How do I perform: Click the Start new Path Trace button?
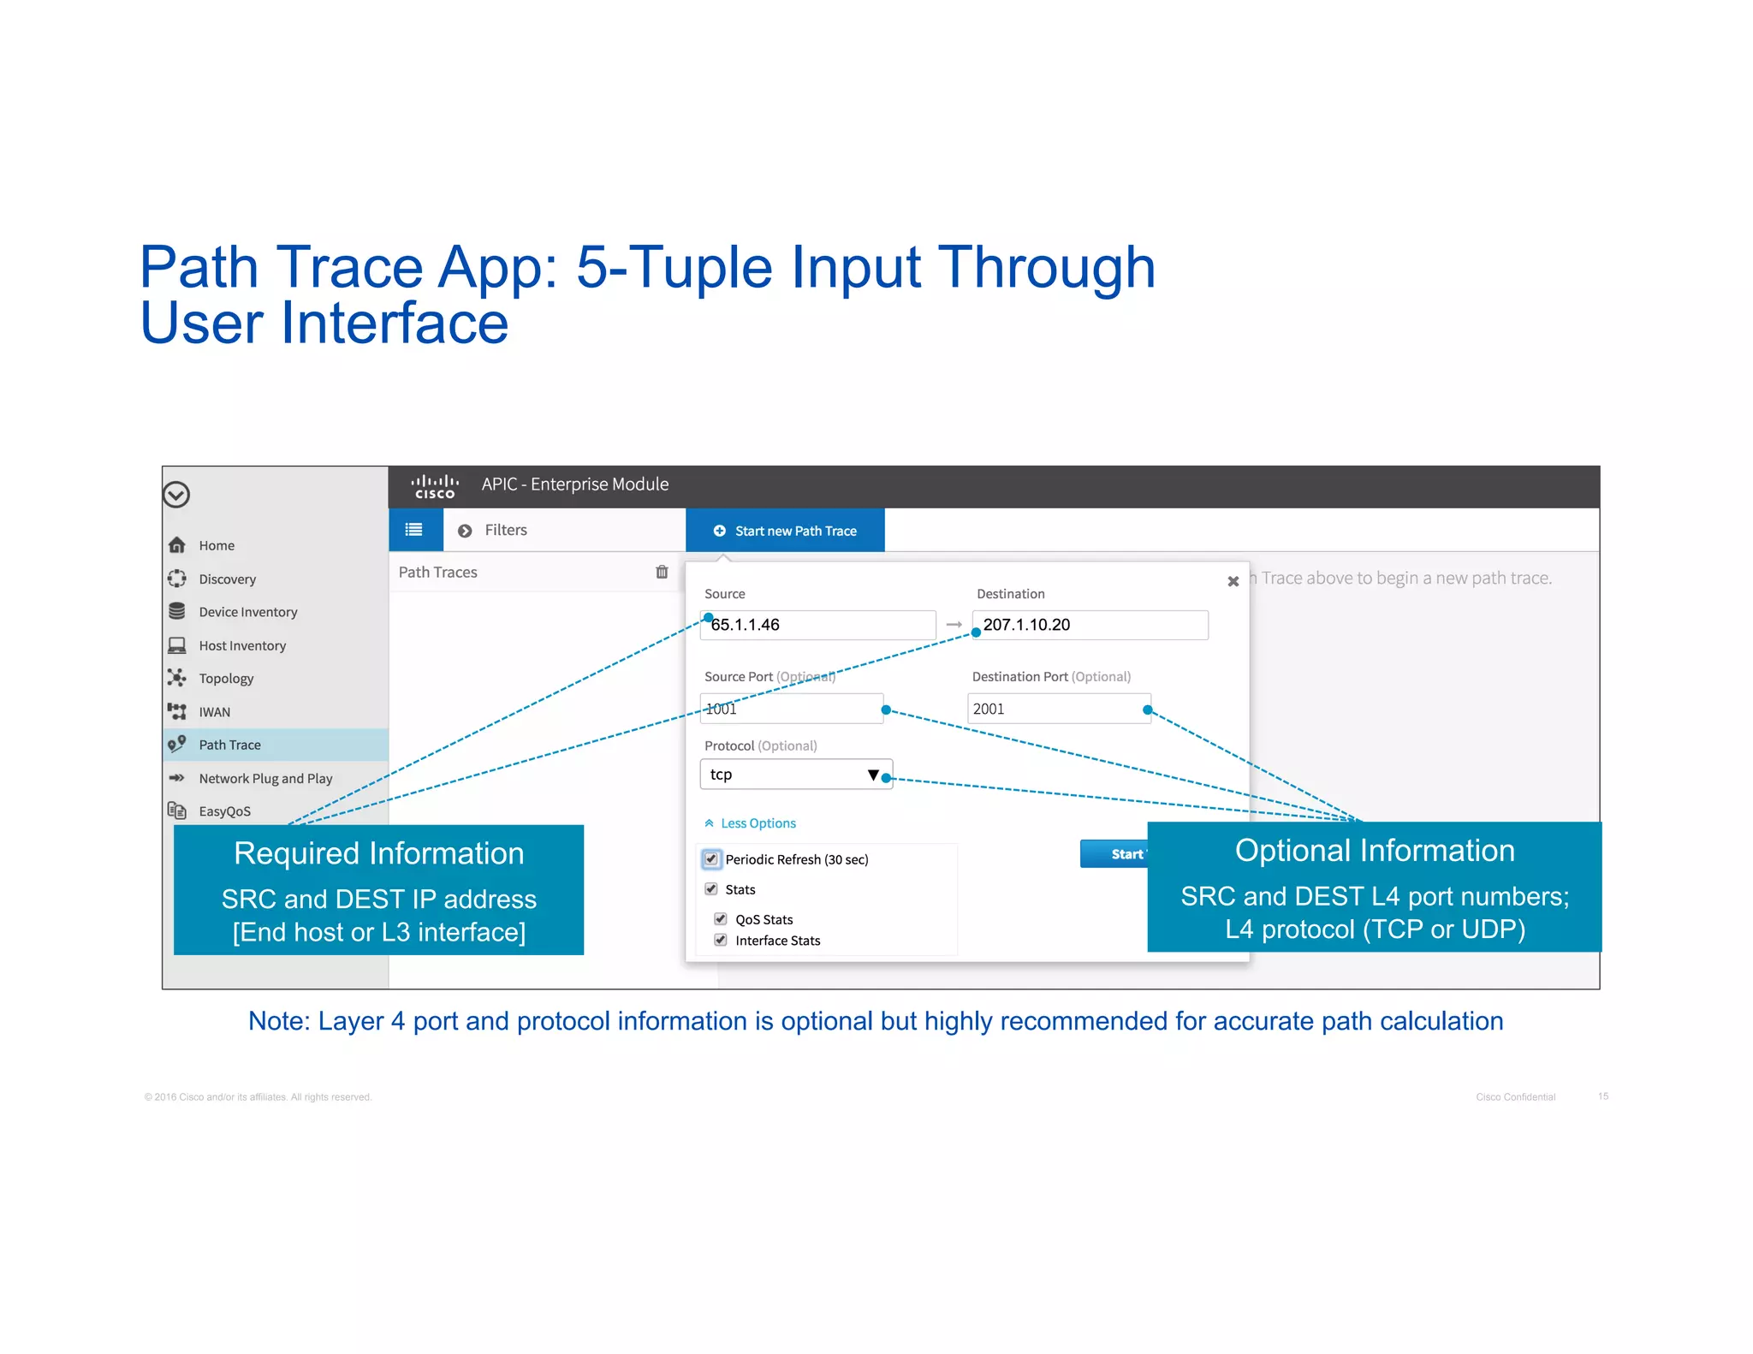coord(785,531)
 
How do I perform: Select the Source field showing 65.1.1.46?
coord(817,625)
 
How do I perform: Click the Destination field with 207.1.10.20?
coord(1090,625)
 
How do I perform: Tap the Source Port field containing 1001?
coord(791,709)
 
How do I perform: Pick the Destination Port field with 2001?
coord(1058,709)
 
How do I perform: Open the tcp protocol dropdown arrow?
coord(872,775)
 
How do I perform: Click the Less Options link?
coord(758,823)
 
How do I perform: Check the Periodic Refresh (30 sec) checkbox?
coord(711,858)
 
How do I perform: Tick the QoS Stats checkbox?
coord(721,918)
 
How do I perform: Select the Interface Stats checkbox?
coord(721,940)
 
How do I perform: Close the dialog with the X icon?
coord(1233,581)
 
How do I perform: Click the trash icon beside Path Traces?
coord(662,572)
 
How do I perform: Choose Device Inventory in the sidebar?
coord(247,612)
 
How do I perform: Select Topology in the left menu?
coord(226,679)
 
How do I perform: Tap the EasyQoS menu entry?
coord(224,811)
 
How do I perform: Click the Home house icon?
coord(177,545)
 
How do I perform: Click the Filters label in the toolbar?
coord(505,531)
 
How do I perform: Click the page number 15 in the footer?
coord(1602,1096)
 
